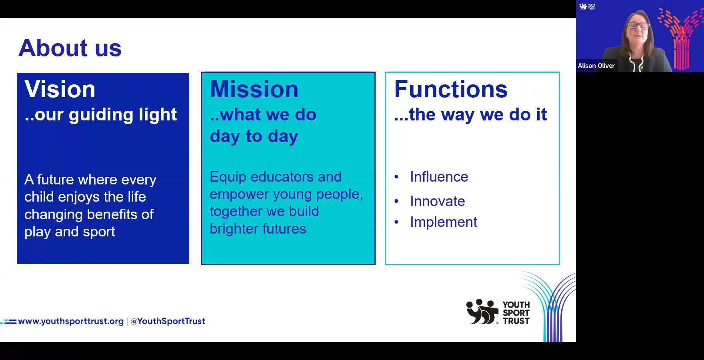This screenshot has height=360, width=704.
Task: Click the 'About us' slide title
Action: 70,48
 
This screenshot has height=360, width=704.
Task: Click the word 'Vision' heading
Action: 60,89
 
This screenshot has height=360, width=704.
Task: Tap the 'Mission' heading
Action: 254,89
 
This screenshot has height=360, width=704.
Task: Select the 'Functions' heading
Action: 451,89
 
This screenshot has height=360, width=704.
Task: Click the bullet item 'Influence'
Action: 439,177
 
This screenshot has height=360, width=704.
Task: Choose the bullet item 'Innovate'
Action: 437,201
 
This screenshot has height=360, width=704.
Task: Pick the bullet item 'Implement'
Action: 443,222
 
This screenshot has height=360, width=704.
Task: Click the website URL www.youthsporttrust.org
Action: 71,321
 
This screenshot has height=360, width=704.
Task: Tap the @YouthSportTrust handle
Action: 168,321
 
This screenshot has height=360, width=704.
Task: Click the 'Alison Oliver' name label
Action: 596,66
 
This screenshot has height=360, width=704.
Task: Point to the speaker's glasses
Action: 638,26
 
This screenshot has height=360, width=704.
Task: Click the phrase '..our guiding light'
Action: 100,115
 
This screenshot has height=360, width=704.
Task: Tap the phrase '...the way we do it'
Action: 470,115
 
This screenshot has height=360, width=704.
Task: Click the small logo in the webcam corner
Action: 587,6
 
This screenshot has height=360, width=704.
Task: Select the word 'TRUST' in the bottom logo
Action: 516,321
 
